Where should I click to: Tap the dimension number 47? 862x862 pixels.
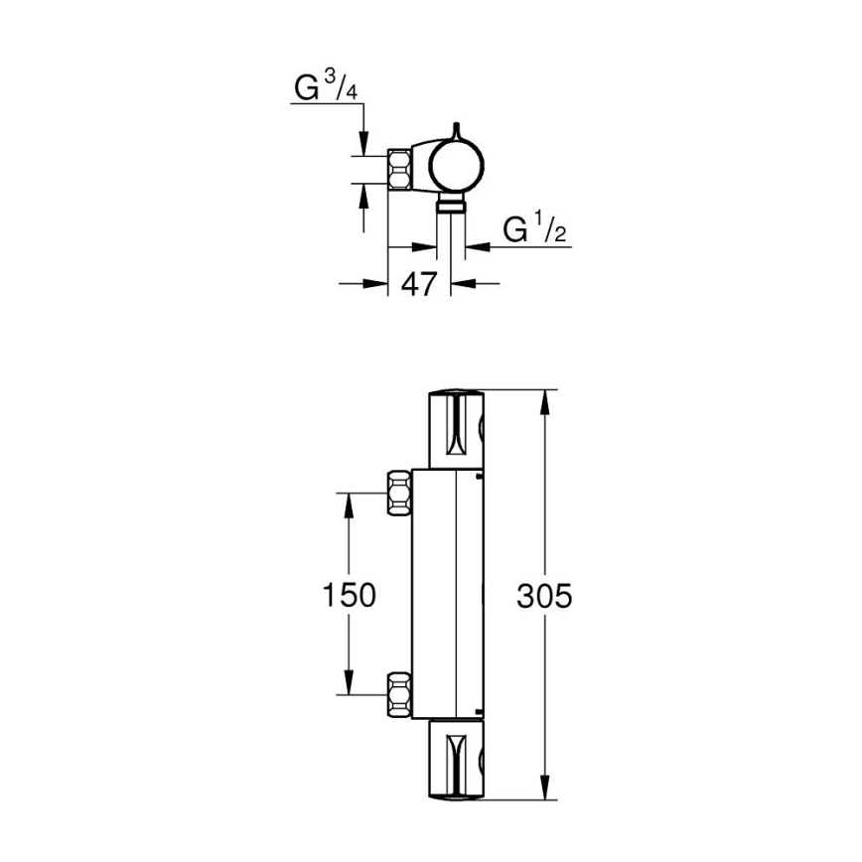coord(418,284)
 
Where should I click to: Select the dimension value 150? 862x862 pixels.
coord(349,595)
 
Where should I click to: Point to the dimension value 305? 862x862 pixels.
coord(545,595)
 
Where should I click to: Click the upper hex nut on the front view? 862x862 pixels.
coord(398,491)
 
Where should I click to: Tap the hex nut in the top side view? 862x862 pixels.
coord(401,170)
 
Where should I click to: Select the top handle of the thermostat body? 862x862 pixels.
coord(456,428)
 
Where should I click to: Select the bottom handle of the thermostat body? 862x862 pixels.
coord(456,760)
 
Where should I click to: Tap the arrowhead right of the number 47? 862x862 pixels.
coord(463,284)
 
